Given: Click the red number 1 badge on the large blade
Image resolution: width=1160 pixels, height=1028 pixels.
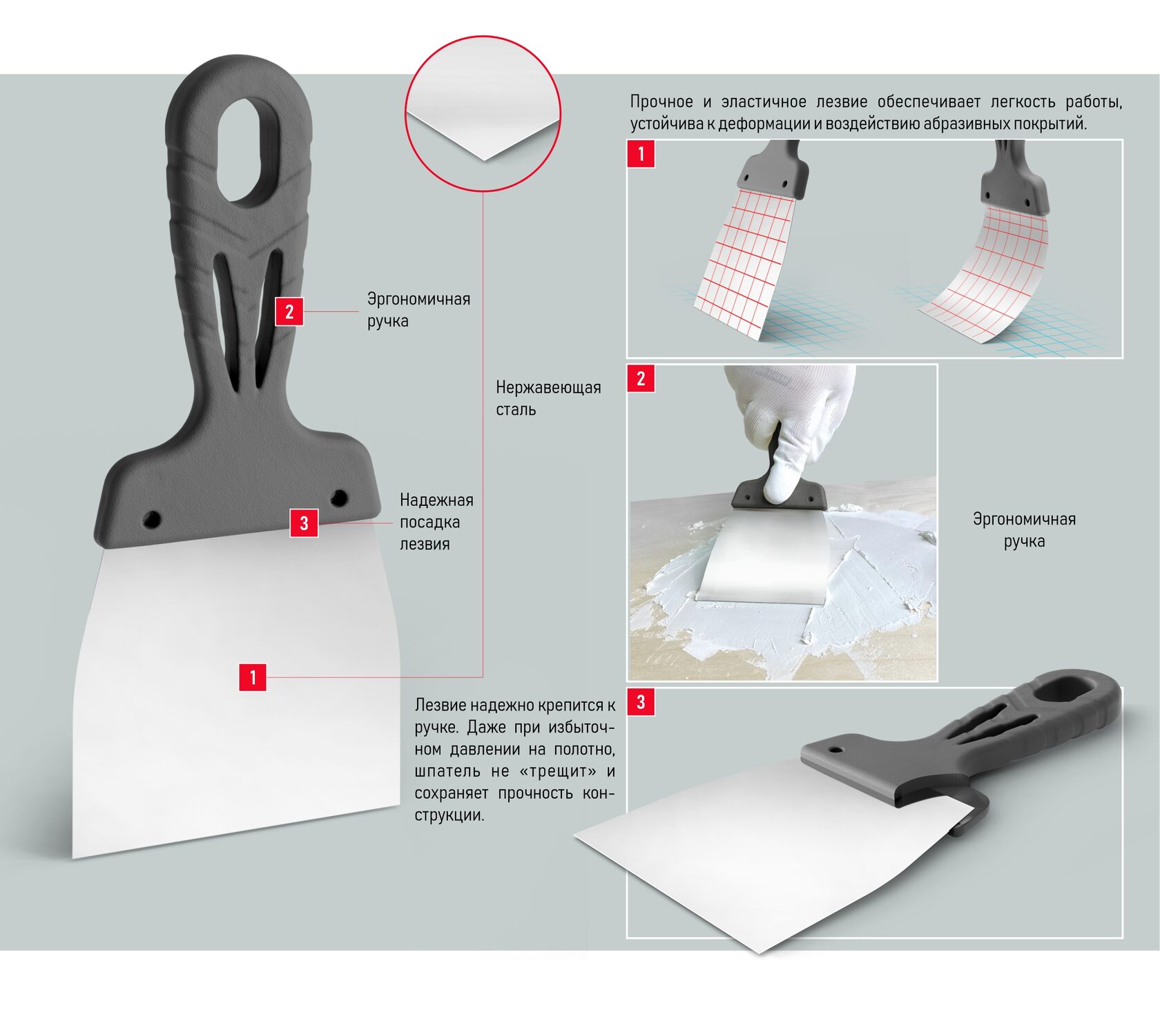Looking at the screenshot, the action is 253,677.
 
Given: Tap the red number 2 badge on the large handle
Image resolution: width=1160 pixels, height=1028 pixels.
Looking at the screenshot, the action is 289,311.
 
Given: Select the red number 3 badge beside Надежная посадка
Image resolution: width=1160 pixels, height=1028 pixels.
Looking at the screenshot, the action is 304,523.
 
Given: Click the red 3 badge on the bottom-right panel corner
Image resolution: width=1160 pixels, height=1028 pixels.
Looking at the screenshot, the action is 641,702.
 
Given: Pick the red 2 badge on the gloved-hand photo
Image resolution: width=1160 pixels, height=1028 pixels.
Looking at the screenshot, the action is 641,378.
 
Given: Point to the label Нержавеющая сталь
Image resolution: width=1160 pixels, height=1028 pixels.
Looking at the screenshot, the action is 548,398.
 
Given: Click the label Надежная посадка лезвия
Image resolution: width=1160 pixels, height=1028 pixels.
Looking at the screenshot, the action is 436,522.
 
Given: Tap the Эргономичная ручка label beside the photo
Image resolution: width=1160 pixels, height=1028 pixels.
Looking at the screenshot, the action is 1024,530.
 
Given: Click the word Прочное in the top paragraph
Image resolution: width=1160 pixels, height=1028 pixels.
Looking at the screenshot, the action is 661,102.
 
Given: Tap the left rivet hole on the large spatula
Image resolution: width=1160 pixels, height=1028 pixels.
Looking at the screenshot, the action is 152,519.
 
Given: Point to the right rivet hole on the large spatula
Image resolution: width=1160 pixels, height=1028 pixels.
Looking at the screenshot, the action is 338,497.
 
